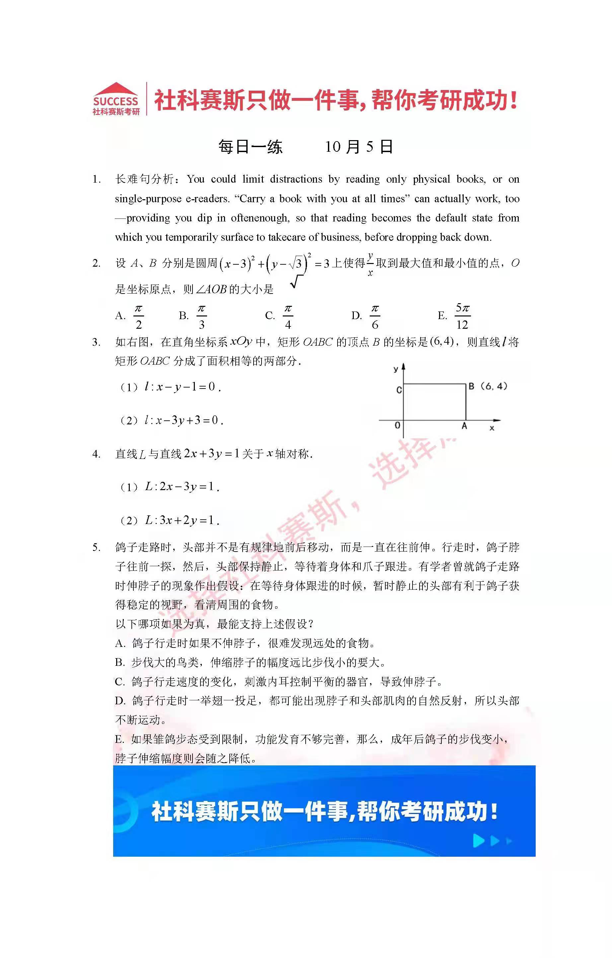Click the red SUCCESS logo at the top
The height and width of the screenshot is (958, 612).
coord(116,100)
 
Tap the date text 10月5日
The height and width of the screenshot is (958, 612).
coord(359,147)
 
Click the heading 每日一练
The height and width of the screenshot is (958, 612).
coord(251,147)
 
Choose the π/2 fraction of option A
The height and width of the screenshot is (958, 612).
coord(138,316)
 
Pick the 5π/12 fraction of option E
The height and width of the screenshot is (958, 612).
coord(462,316)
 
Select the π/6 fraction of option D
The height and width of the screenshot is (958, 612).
coord(375,316)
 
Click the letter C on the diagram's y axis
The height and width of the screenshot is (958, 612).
coord(399,390)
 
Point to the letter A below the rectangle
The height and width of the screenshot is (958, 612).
coord(464,426)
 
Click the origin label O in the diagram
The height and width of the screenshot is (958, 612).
coord(397,425)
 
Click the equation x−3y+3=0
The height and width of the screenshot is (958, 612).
coord(184,420)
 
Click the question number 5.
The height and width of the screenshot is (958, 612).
coord(96,548)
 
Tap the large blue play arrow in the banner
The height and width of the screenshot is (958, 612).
coord(478,841)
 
